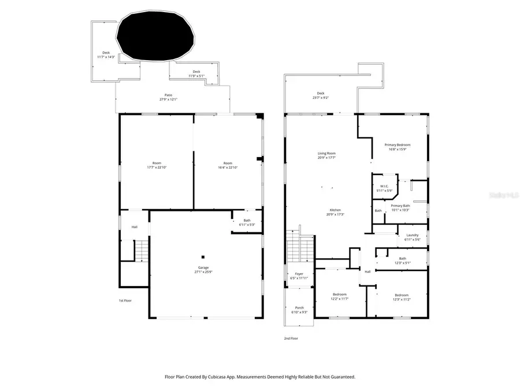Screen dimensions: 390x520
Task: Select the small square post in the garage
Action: coord(203,257)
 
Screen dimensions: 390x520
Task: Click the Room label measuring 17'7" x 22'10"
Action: coord(157,165)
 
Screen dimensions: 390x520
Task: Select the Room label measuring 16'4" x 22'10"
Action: coord(228,165)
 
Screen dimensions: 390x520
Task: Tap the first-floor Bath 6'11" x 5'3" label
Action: coord(247,222)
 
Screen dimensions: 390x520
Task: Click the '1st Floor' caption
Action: coord(125,300)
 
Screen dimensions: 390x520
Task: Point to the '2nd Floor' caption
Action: coord(291,339)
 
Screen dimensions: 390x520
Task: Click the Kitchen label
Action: coord(335,212)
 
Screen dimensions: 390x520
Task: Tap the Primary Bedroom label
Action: coord(398,147)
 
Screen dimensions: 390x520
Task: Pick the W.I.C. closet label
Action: coord(384,188)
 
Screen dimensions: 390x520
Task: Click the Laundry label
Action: coord(412,237)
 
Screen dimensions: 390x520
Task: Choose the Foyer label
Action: coord(299,276)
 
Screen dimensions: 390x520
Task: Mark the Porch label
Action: coord(299,310)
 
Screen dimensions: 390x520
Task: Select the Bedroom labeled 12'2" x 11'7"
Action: coord(339,296)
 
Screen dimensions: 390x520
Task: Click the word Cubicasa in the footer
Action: coord(232,377)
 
